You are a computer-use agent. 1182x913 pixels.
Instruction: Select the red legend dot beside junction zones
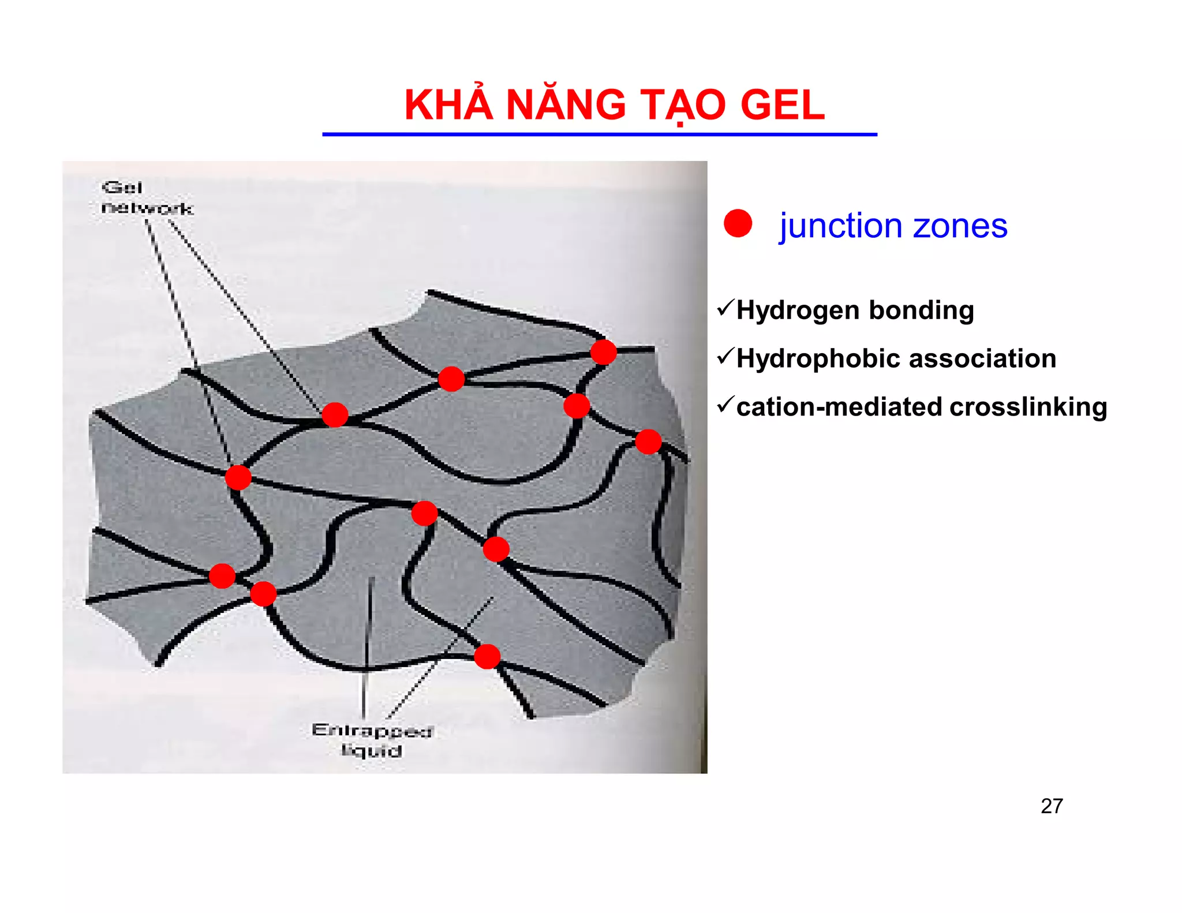point(738,223)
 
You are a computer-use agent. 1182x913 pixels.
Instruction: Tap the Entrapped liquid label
point(372,740)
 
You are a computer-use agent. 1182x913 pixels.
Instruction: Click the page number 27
point(1052,806)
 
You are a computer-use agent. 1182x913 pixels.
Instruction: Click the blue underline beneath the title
point(599,134)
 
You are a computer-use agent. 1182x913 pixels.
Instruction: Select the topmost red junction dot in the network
point(603,352)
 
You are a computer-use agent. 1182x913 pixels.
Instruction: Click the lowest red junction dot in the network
point(487,657)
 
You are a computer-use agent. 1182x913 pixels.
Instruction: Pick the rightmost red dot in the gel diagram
point(648,442)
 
